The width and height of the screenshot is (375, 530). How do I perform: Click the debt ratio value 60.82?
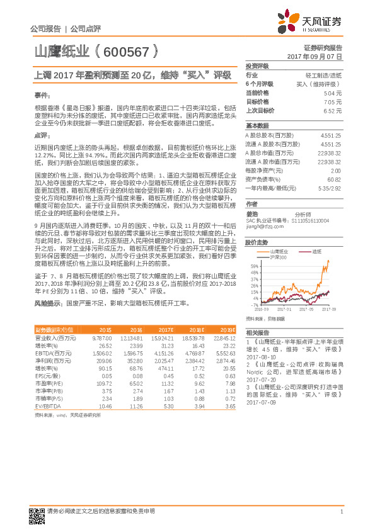(x=334, y=179)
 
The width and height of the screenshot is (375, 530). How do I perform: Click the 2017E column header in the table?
(x=166, y=330)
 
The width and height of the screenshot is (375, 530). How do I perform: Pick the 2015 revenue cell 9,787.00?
(x=102, y=339)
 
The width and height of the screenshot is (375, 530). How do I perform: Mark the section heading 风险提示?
(x=46, y=303)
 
